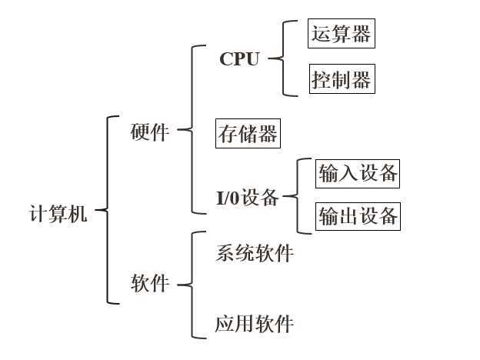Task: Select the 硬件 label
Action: [x=150, y=132]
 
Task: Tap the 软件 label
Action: [x=150, y=284]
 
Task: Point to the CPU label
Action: [x=239, y=59]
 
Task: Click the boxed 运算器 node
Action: [x=341, y=34]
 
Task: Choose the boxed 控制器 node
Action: [x=342, y=78]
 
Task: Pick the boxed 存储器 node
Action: [x=248, y=135]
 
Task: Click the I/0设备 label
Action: [x=247, y=198]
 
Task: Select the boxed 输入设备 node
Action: [x=358, y=173]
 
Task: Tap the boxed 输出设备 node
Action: [x=358, y=216]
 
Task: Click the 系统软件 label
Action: [x=255, y=253]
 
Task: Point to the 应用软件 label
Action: [x=255, y=324]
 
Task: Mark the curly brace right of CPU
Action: [x=283, y=58]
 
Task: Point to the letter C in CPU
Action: [x=225, y=59]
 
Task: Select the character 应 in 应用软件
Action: [x=224, y=324]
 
